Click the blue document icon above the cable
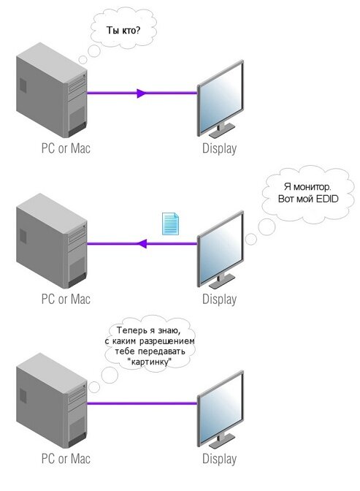click(x=169, y=224)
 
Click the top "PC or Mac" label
click(x=66, y=148)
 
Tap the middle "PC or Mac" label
click(x=66, y=299)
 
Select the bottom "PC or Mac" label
click(x=66, y=459)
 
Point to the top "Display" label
click(x=219, y=148)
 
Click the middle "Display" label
click(x=219, y=299)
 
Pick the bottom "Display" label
click(x=219, y=459)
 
